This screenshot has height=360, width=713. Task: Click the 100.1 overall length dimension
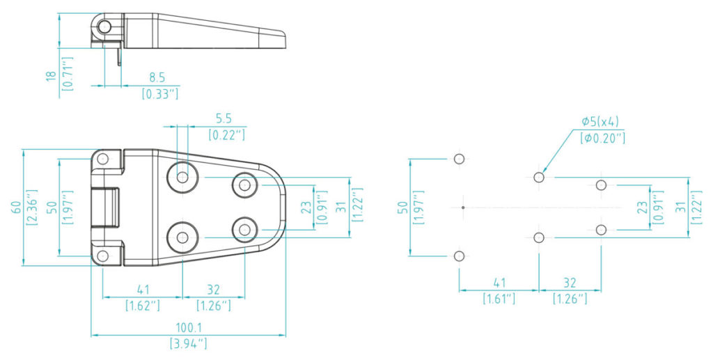tap(189, 328)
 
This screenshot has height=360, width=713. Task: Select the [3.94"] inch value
tap(188, 343)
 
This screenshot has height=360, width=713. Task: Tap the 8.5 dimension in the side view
tap(157, 78)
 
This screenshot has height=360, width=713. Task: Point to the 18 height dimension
tap(52, 75)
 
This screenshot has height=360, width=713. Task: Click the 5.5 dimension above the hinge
tap(224, 119)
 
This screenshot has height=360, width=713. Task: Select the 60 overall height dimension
tap(15, 208)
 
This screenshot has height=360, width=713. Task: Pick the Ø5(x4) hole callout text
tap(600, 122)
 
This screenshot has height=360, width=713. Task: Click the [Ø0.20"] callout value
tap(602, 138)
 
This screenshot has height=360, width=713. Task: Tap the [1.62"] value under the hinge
tap(143, 305)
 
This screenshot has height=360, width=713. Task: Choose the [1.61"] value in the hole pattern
tap(499, 299)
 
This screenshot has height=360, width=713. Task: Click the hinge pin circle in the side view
tap(104, 26)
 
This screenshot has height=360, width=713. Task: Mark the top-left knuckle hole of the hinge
tap(103, 159)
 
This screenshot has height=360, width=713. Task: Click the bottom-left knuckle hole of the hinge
tap(103, 256)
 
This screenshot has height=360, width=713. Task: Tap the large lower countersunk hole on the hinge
tap(182, 237)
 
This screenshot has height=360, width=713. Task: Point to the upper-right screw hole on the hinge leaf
tap(244, 185)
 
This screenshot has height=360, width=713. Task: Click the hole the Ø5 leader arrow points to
tap(539, 177)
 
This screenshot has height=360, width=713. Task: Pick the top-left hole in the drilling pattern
tap(460, 159)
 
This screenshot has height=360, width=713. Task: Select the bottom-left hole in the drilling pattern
tap(460, 256)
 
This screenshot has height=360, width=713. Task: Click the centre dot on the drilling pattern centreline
tap(463, 208)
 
